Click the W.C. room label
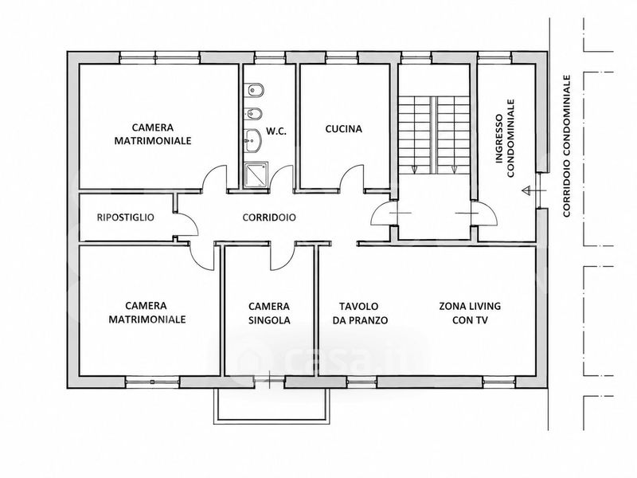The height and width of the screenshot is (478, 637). coord(276,131)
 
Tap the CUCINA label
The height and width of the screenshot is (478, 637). coord(344,129)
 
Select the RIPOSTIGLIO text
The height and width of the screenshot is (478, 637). coord(126,217)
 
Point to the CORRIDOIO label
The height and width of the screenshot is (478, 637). coord(269,217)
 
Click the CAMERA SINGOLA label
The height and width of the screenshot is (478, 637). coord(269,313)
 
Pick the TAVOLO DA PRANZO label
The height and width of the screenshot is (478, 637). coord(360,313)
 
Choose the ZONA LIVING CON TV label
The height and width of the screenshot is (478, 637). coord(470,313)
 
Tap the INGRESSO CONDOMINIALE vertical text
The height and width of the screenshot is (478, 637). coord(505,138)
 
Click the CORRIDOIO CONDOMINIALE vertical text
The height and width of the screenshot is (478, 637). coord(567,146)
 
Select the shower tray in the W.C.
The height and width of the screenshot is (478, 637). coord(256,174)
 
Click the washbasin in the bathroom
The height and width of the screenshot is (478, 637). coord(252,141)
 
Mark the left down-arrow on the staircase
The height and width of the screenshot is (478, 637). coord(414,170)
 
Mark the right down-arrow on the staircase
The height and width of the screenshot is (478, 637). coord(454,170)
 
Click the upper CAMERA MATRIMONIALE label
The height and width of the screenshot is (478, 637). coord(153,134)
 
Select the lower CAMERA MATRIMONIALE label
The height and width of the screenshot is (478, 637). coord(147,312)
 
